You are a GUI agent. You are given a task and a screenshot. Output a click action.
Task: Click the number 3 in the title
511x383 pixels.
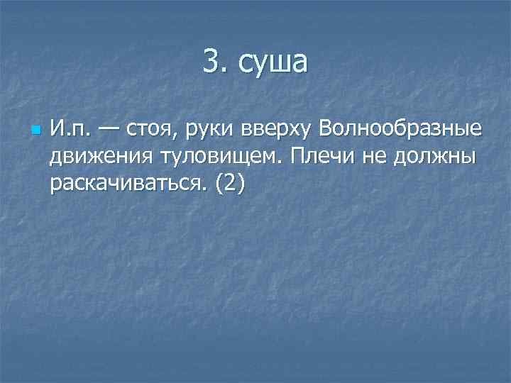[211, 62]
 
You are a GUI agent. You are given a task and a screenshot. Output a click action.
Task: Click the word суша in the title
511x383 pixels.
[273, 63]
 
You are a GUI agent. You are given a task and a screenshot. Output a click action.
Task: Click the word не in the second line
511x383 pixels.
[383, 157]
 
